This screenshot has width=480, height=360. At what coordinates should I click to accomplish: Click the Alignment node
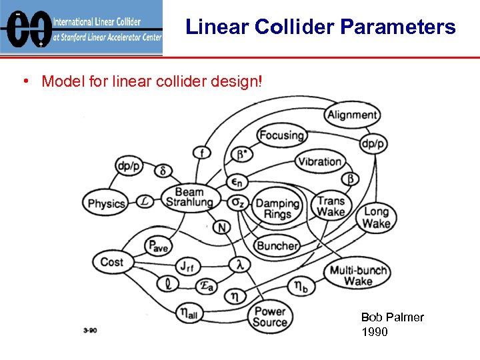point(353,115)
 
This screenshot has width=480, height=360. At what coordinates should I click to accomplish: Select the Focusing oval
point(281,135)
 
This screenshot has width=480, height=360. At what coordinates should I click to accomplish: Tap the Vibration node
point(320,161)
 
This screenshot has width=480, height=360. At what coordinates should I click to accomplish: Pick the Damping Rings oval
point(277,208)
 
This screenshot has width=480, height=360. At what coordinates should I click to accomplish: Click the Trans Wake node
point(331,206)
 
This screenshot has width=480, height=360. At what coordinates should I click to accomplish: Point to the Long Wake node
point(376,217)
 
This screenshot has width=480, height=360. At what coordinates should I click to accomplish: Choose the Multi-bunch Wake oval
point(358,275)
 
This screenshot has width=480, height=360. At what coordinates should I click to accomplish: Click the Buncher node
point(277,245)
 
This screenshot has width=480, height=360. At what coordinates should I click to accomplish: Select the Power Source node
point(269,317)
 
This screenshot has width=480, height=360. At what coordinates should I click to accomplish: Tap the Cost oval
point(111,262)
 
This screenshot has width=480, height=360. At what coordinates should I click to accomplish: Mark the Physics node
point(107,203)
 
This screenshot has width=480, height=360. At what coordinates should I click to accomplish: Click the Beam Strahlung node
point(189,197)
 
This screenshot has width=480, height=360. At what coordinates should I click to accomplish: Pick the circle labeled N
point(222,227)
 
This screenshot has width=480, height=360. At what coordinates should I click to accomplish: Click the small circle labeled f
point(201,153)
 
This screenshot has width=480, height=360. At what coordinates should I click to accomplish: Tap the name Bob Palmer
point(392,317)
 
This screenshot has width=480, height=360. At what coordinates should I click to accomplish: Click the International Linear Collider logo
point(81,28)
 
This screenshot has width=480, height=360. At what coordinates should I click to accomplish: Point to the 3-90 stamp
point(89,330)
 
